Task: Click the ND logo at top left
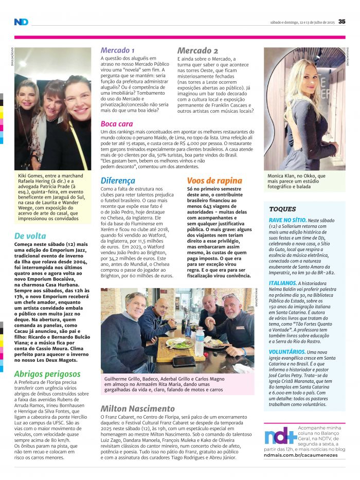21,22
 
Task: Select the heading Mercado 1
118,50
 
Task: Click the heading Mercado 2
197,50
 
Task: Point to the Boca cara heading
117,124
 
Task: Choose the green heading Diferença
118,181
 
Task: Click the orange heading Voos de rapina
214,181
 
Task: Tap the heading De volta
30,237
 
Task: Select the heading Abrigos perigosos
47,374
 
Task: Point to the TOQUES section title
282,209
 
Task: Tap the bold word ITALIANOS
282,282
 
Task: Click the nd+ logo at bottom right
280,435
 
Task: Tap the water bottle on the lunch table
199,341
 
